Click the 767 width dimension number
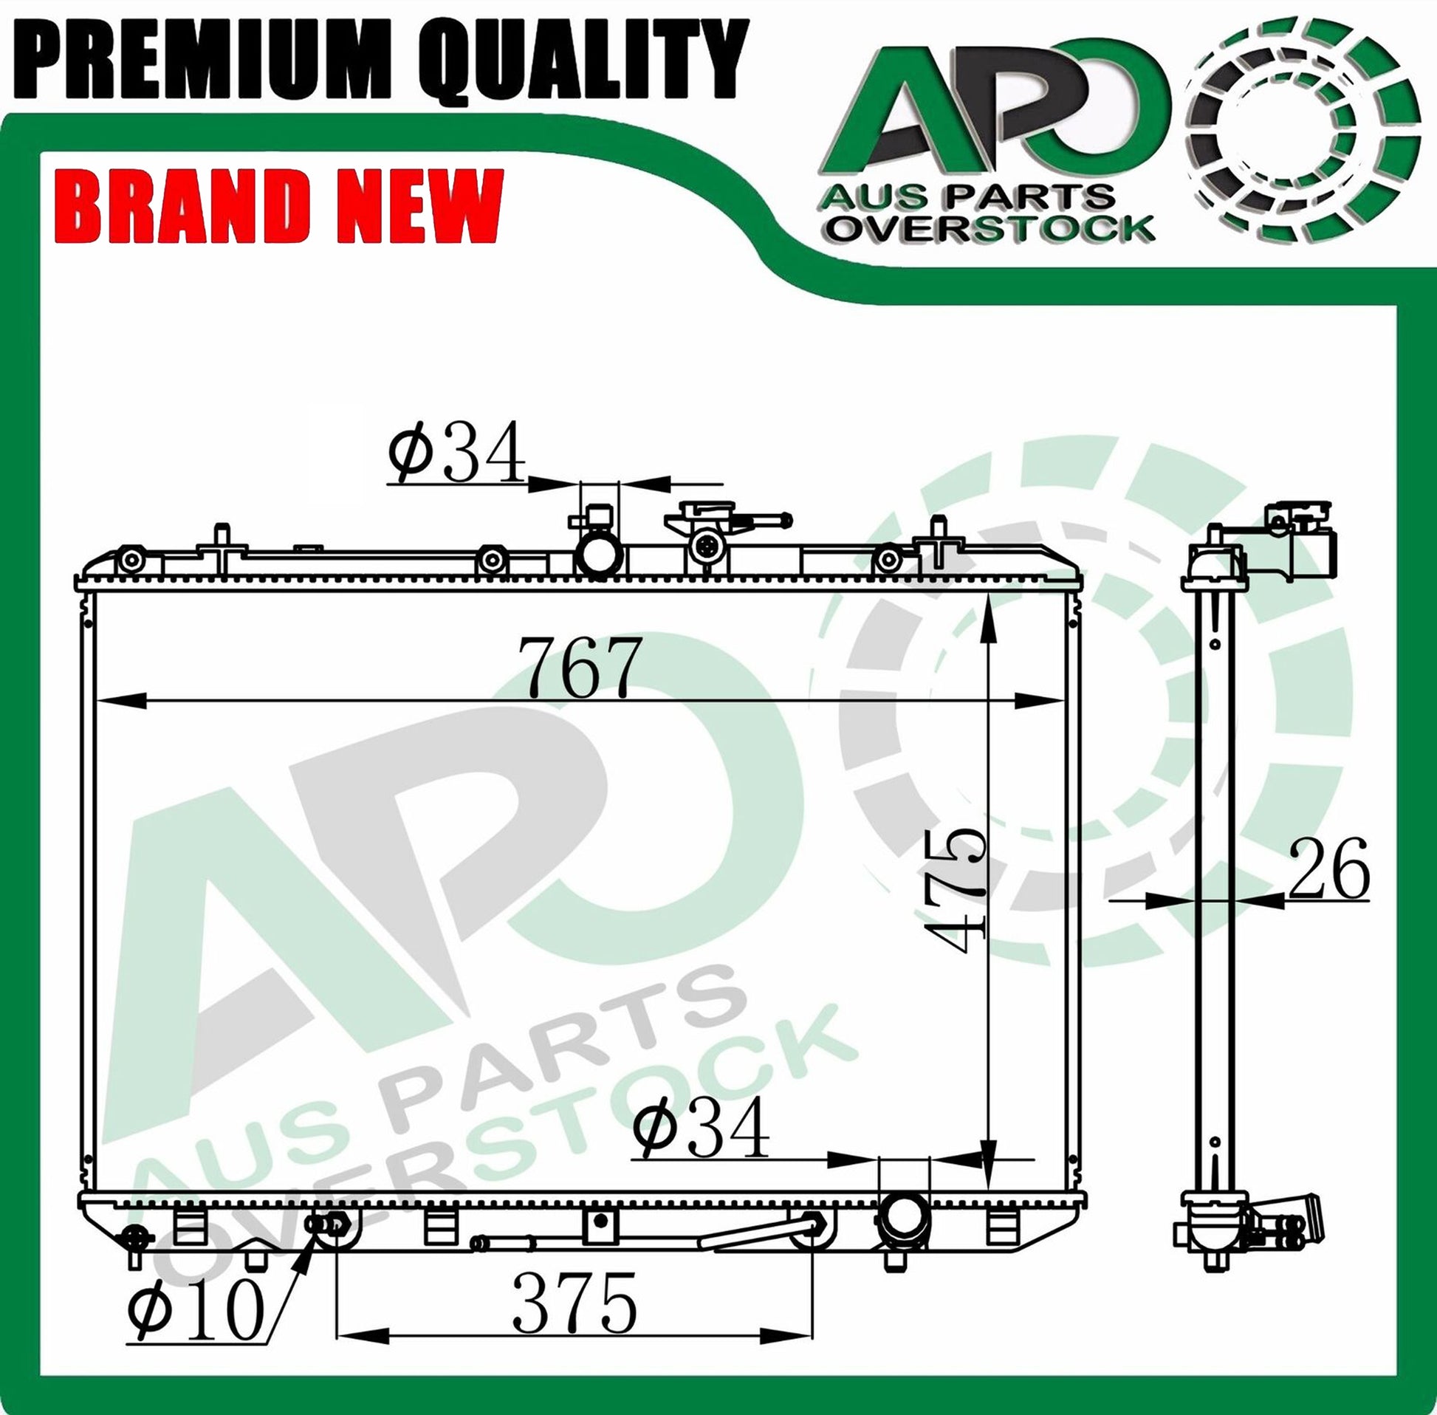(x=579, y=667)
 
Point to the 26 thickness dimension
(x=1328, y=868)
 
